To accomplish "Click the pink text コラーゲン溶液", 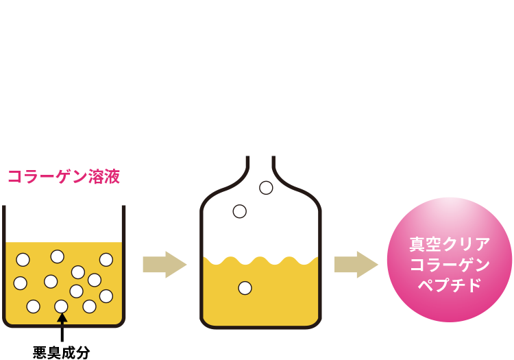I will coord(64,177).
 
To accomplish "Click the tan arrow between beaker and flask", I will coord(164,265).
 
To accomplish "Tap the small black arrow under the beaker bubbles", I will coord(62,317).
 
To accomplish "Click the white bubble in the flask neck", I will coord(266,187).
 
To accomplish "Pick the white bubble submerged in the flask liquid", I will coord(245,288).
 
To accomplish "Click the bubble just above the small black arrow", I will coord(61,306).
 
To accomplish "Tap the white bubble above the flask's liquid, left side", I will coord(239,211).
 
